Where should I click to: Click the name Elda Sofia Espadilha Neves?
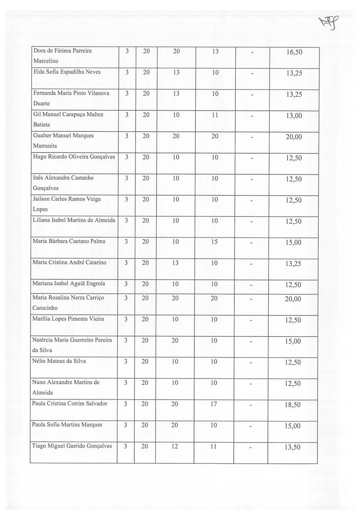[67, 72]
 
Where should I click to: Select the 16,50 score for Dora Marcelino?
[294, 52]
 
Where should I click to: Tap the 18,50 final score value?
[293, 405]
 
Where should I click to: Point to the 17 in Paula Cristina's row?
[214, 404]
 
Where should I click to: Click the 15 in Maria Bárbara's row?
[214, 242]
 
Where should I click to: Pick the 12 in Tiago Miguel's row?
[175, 446]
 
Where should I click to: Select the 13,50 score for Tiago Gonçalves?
[293, 447]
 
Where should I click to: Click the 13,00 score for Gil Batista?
[293, 116]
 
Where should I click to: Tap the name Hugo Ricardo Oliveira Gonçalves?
[74, 157]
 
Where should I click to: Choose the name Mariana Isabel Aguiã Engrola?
[69, 283]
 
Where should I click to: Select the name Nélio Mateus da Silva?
[59, 361]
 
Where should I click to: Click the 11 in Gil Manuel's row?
[214, 115]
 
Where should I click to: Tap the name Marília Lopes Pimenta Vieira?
[68, 319]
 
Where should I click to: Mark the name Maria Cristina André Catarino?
[69, 263]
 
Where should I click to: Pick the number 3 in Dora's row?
[127, 51]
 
